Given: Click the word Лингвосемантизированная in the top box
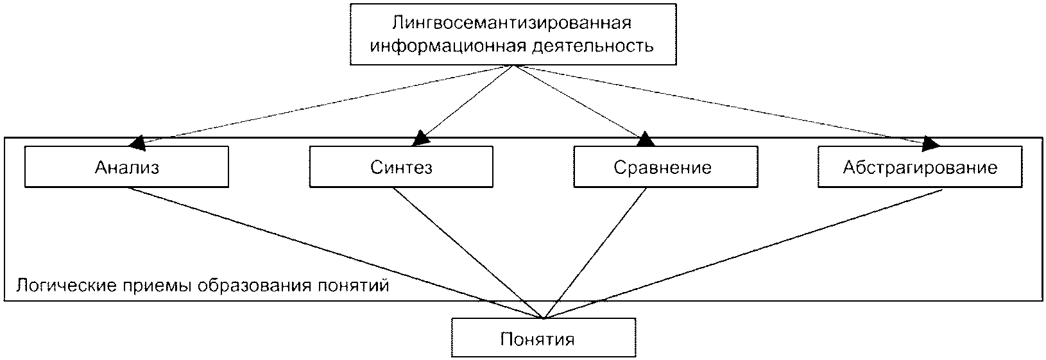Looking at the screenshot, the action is pos(512,22).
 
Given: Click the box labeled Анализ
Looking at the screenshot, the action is pos(126,167).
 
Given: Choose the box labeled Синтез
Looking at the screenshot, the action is pos(401,167).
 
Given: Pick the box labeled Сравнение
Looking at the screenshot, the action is pos(665,167).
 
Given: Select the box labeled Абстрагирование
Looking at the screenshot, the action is pos(920,167).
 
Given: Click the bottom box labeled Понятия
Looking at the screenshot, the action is pos(544,338).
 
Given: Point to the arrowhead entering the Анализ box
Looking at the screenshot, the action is pos(138,144).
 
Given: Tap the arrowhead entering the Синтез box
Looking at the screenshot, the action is pos(421,138).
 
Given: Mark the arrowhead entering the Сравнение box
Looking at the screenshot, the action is pos(645,139).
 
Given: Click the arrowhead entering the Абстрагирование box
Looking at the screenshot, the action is pos(930,144).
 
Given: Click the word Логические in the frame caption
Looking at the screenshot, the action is pos(66,285).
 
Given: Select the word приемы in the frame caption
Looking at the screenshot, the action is pos(157,286).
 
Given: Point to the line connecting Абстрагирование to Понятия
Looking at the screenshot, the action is pos(743,254).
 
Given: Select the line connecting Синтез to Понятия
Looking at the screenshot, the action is pos(468,253).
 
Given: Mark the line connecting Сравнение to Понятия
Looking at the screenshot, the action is pos(596,253).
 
